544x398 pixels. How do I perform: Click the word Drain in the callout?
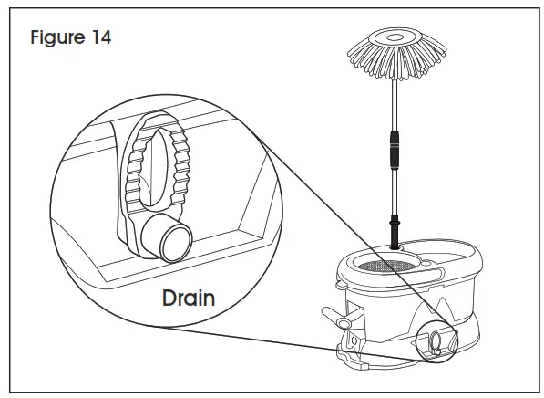[x=190, y=297]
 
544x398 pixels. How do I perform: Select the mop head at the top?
[x=395, y=53]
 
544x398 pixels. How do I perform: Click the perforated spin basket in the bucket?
[x=385, y=264]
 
